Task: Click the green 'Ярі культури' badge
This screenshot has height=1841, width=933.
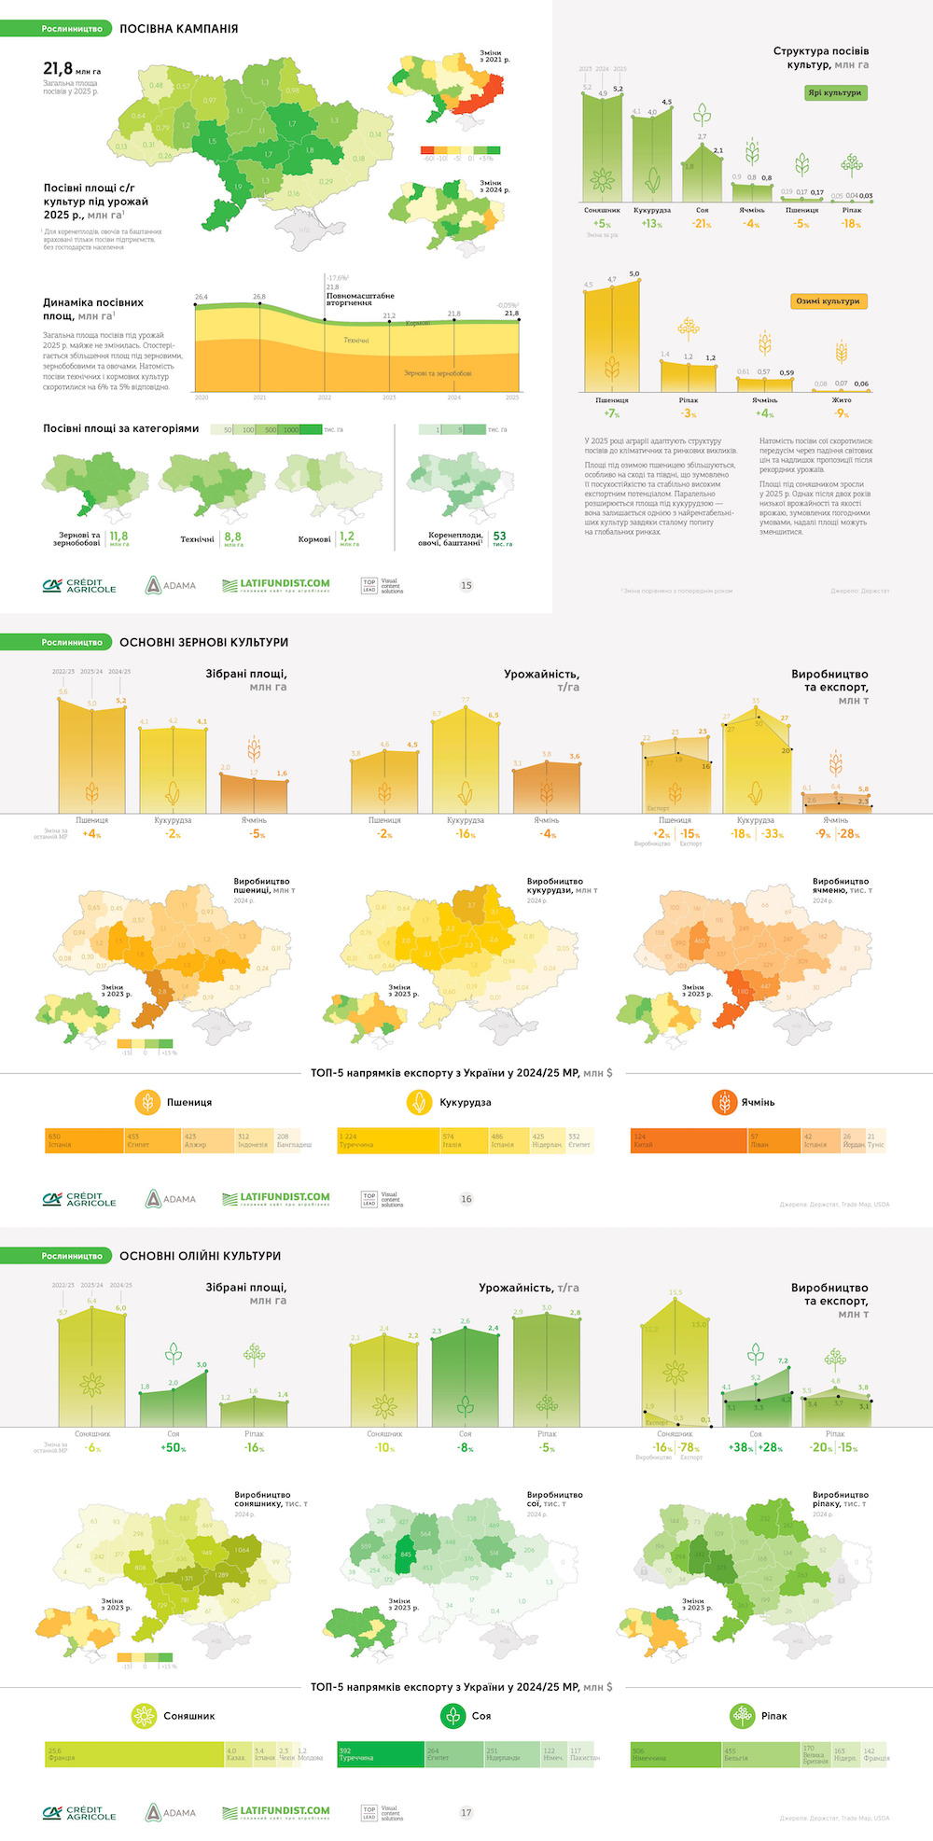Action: tap(836, 93)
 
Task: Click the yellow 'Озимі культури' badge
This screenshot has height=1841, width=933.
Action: tap(828, 301)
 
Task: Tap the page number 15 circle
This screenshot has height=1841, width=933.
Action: tap(466, 585)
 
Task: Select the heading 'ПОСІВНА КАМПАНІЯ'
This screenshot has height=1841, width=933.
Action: tap(178, 29)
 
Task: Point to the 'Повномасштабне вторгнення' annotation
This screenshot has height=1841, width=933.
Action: tap(360, 299)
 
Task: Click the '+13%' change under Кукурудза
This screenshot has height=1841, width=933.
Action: tap(651, 224)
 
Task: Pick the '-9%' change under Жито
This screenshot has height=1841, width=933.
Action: tap(842, 413)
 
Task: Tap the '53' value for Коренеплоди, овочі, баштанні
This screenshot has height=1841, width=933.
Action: tap(500, 537)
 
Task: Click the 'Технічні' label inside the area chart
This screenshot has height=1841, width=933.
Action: tap(355, 341)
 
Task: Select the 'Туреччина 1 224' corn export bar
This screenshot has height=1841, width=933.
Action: tap(387, 1140)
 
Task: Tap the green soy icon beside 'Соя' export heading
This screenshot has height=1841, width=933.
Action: tap(453, 1715)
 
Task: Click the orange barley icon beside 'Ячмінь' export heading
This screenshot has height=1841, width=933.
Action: tap(724, 1102)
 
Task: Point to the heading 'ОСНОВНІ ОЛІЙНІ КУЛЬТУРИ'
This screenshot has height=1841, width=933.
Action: tap(200, 1256)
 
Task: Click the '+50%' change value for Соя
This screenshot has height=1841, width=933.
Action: tap(174, 1448)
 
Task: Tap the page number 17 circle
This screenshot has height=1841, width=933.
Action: tap(466, 1812)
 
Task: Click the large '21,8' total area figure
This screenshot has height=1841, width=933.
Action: tap(58, 68)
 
